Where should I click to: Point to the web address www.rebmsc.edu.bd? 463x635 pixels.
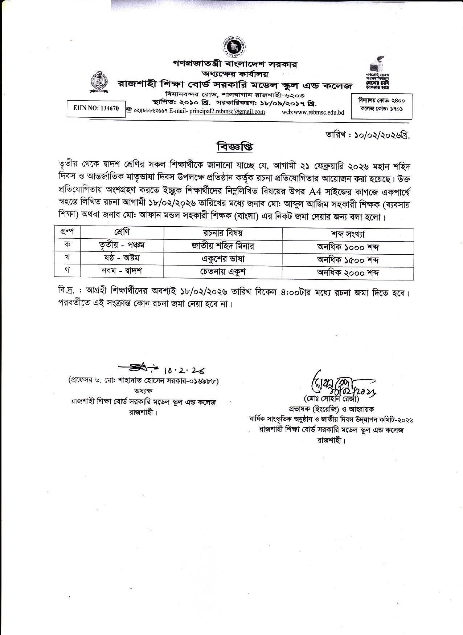(x=313, y=112)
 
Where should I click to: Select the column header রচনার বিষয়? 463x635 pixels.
(x=223, y=234)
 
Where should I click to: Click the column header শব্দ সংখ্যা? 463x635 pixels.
(x=348, y=234)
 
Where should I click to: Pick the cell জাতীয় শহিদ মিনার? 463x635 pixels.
(x=223, y=246)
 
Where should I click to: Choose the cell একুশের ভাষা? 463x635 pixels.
(x=223, y=259)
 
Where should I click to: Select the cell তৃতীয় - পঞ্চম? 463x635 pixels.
(x=122, y=246)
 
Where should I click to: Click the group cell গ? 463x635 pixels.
(x=67, y=271)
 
